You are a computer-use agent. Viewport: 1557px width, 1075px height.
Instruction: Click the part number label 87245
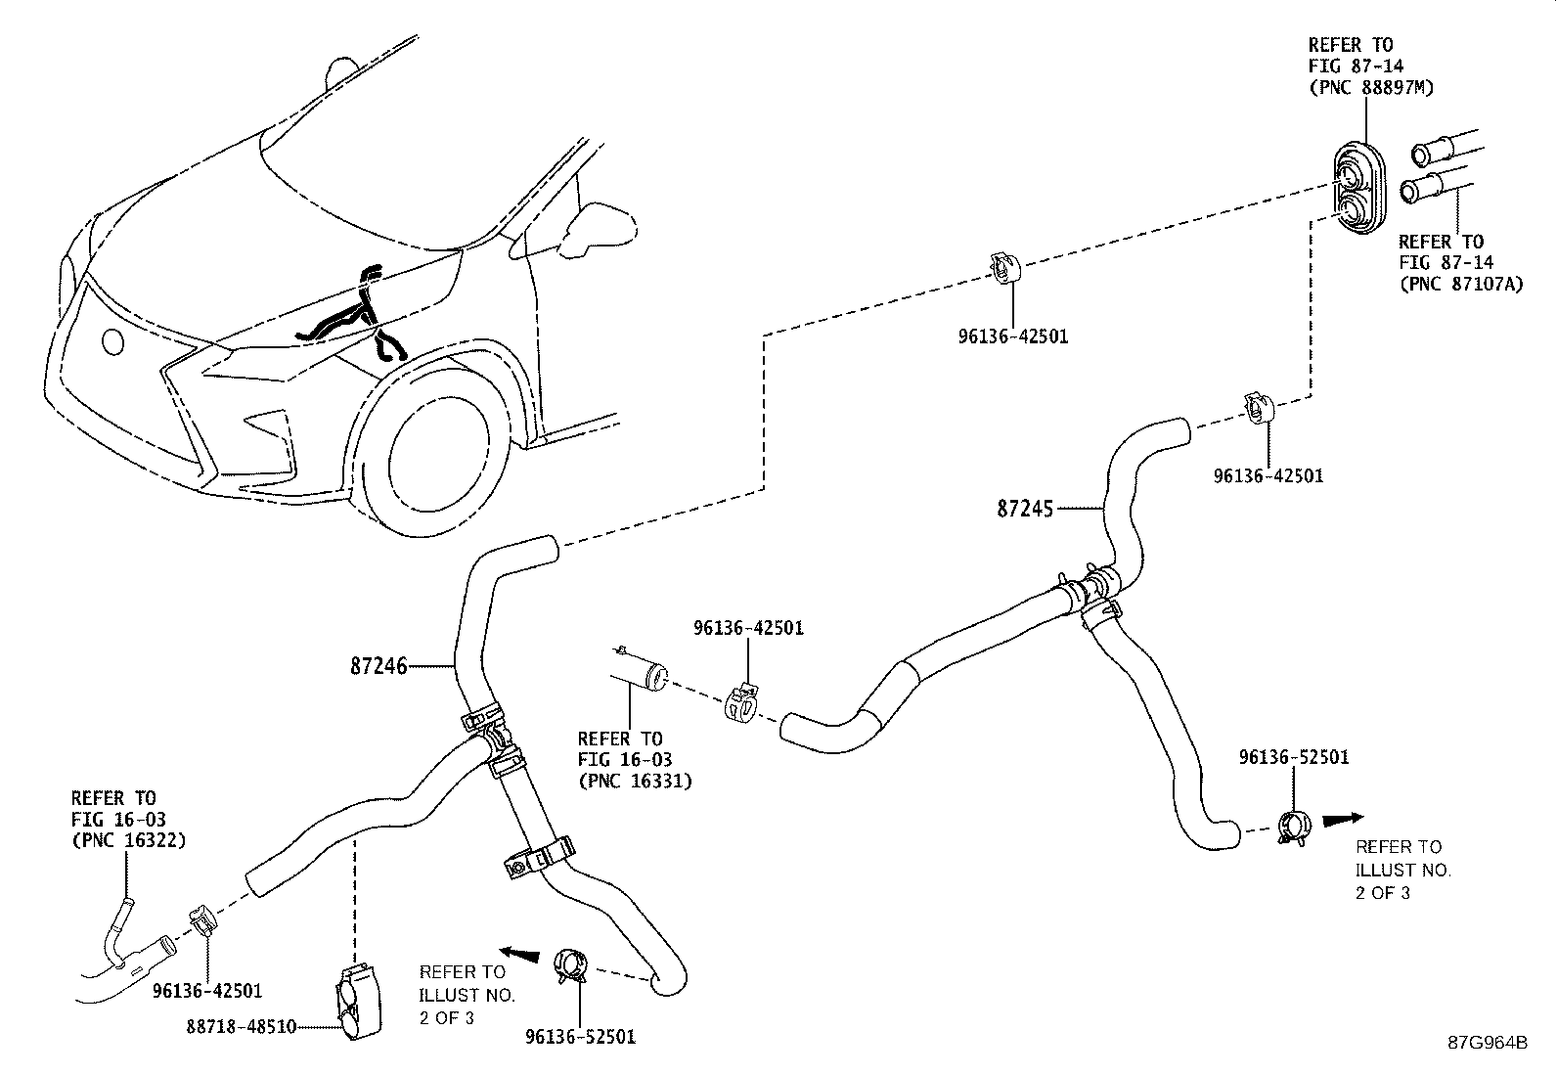[x=1025, y=509]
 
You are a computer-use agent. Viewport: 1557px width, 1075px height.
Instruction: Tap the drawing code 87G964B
[x=1488, y=1042]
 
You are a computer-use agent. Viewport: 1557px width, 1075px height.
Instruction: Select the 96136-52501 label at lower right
[x=1293, y=757]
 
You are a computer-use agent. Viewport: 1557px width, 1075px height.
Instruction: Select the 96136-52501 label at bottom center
[x=580, y=1038]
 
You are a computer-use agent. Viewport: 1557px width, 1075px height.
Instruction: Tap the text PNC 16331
[x=635, y=782]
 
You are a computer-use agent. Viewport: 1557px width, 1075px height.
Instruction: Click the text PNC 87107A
[x=1461, y=285]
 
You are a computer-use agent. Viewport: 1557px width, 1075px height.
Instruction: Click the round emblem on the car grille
[x=113, y=341]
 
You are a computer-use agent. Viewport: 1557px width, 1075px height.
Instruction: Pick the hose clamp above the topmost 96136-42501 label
[x=1004, y=267]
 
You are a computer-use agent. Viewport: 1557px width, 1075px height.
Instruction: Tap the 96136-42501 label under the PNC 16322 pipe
[x=207, y=991]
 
